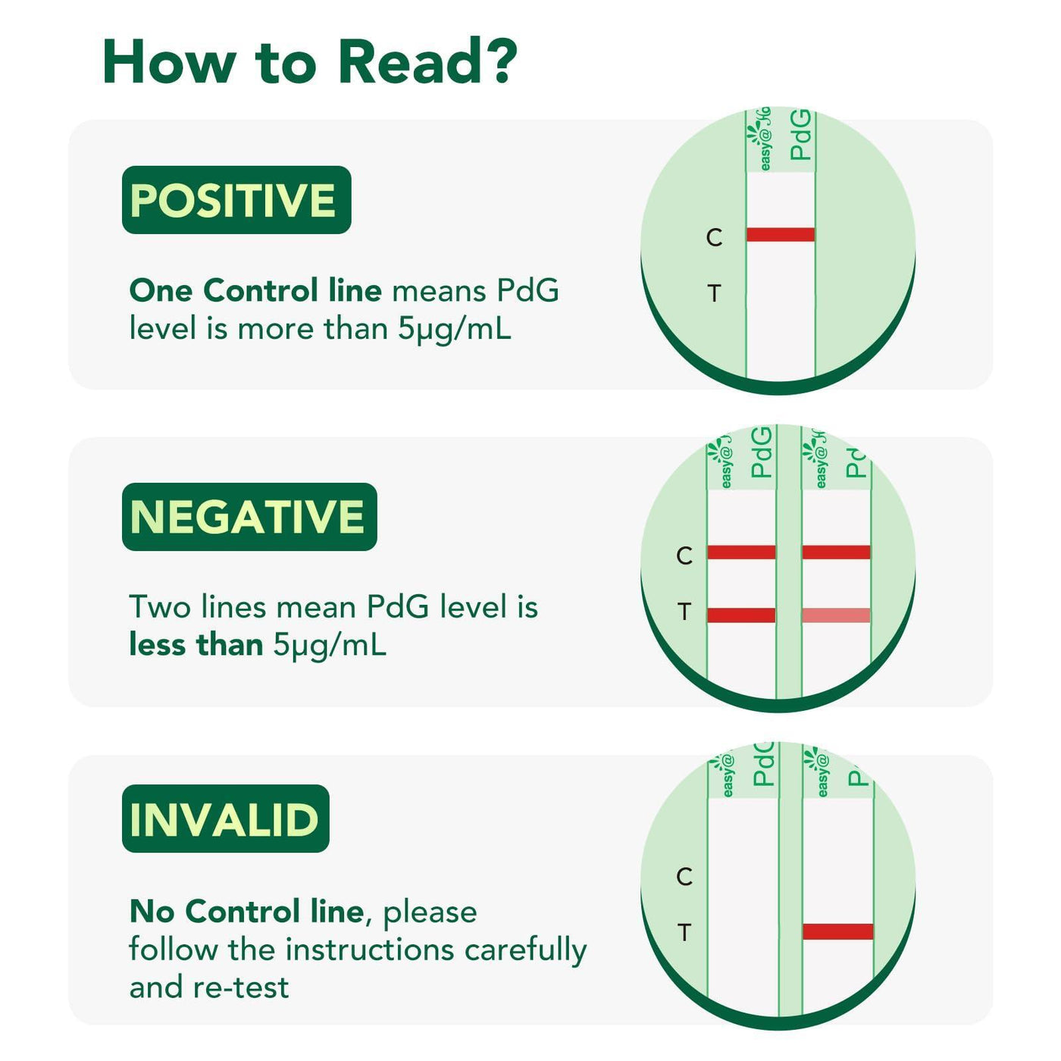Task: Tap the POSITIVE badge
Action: tap(236, 200)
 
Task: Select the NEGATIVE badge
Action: tap(249, 517)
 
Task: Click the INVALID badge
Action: tap(225, 818)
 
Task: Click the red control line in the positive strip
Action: tap(781, 235)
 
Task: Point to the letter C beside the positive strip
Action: tap(714, 238)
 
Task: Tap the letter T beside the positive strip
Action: tap(714, 293)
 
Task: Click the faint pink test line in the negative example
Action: tap(836, 615)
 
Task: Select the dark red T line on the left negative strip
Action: tap(741, 615)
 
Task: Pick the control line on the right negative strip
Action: tap(836, 552)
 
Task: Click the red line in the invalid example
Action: tap(837, 931)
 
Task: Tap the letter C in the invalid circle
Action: tap(684, 877)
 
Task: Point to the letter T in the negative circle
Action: tap(684, 611)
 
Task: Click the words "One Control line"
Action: tap(255, 290)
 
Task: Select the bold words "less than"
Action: tap(196, 645)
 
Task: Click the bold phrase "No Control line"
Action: tap(247, 911)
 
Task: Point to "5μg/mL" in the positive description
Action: tap(455, 329)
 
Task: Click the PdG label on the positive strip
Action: tap(800, 135)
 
